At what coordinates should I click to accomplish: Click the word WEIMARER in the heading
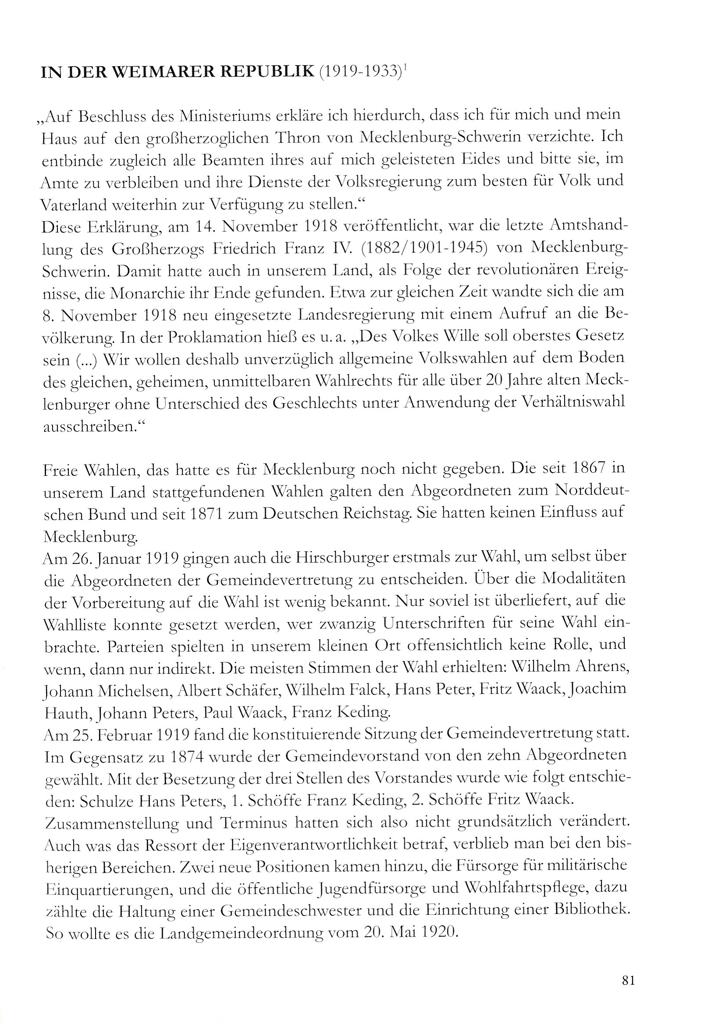coord(161,72)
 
